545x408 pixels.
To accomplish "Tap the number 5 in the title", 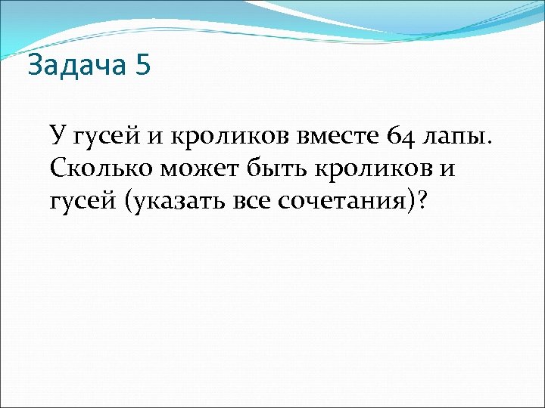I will (x=144, y=66).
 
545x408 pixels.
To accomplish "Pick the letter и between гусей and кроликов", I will (x=152, y=137).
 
